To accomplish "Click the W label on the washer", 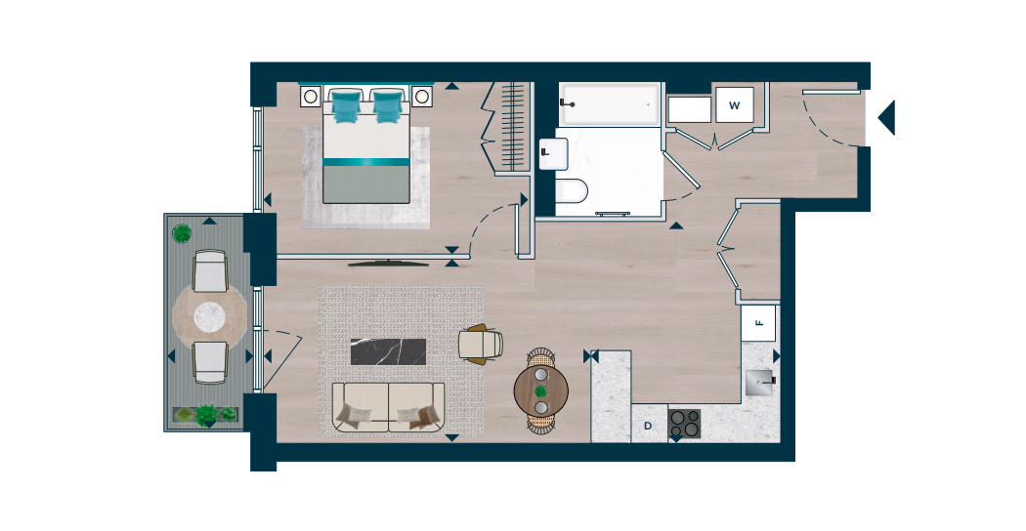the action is tap(734, 105).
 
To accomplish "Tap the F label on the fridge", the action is tap(759, 322).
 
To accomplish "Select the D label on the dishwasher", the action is tap(648, 426).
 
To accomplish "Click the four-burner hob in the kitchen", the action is tap(684, 423).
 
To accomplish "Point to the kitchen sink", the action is tap(759, 382).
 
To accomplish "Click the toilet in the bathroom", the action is tap(570, 191).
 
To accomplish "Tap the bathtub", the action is tap(609, 104).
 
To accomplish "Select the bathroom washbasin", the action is tap(553, 153).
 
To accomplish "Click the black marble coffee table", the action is tap(388, 351).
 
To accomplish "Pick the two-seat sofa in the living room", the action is tap(389, 407).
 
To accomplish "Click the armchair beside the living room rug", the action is tap(481, 344).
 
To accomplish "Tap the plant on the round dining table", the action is tap(540, 391).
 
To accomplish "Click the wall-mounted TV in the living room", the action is tap(389, 264).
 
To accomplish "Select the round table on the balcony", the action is tap(210, 317).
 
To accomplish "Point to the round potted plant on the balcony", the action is tap(181, 232).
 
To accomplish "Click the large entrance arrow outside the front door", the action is tap(886, 118).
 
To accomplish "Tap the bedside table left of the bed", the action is tap(311, 97).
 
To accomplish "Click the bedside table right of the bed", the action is tap(422, 97).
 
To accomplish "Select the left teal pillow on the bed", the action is tap(346, 106).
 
